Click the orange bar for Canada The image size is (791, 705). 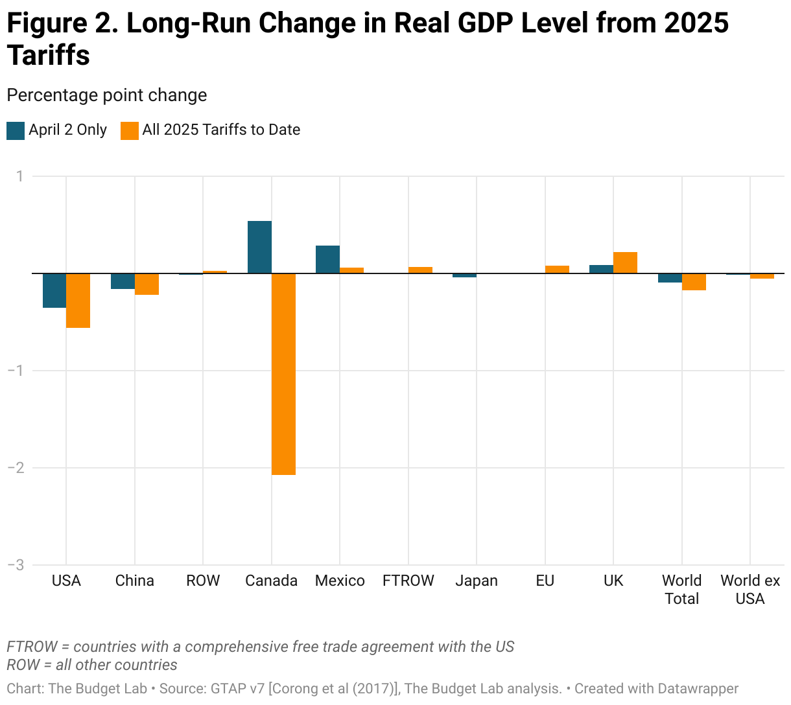(283, 374)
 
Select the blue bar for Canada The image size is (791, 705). (259, 247)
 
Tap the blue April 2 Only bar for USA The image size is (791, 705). (54, 290)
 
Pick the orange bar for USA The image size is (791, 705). (78, 301)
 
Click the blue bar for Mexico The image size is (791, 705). (327, 259)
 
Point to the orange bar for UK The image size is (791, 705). (625, 262)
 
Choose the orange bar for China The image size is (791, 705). (147, 284)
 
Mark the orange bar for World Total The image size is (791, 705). (694, 282)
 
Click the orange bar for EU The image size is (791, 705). (557, 270)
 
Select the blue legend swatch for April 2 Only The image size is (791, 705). (16, 130)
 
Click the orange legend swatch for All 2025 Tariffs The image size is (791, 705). (130, 130)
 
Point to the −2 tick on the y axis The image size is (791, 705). (15, 468)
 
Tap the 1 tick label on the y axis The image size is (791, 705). (19, 176)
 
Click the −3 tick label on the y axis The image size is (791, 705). (15, 565)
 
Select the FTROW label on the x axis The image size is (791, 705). (408, 581)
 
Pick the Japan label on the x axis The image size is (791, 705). (477, 581)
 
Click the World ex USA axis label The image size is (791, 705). (750, 590)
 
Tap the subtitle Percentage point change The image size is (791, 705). (107, 95)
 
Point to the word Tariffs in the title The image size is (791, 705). (49, 56)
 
